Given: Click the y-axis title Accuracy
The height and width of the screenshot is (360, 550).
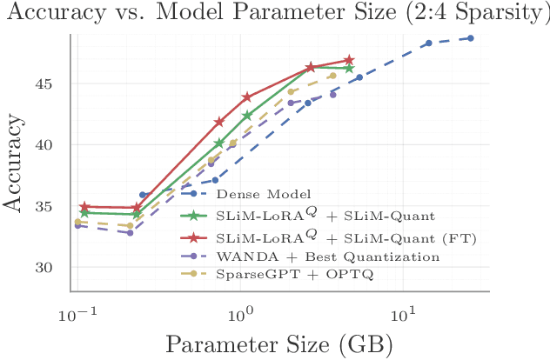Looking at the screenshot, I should (15, 168).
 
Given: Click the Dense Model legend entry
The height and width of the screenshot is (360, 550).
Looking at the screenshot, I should (252, 193).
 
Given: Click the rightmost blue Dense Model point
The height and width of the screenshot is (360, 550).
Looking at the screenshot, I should (470, 38).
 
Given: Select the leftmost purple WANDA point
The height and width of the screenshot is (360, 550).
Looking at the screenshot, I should (77, 225).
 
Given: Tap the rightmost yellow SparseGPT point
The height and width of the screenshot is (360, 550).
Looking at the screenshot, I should (333, 76).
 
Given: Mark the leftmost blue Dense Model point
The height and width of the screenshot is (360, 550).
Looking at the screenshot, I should (143, 196).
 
